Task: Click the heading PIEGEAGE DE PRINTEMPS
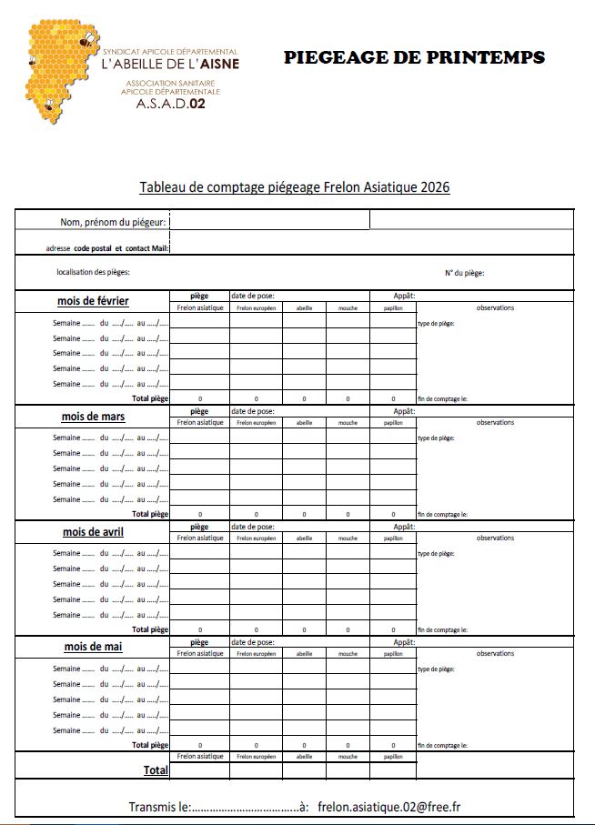(x=414, y=57)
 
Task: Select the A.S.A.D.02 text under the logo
(x=171, y=104)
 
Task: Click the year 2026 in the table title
(x=435, y=187)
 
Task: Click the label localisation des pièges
(x=93, y=272)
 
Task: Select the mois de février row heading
(x=93, y=301)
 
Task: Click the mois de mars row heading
(x=95, y=417)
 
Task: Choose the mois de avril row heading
(x=93, y=531)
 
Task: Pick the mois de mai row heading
(x=94, y=647)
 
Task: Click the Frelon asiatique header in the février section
(x=200, y=307)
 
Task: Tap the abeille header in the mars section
(x=304, y=423)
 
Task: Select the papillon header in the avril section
(x=393, y=538)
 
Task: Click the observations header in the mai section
(x=495, y=653)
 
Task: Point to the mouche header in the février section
(x=348, y=307)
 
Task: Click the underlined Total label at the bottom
(x=156, y=770)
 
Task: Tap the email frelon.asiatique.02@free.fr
(x=395, y=807)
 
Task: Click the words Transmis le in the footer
(x=159, y=807)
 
